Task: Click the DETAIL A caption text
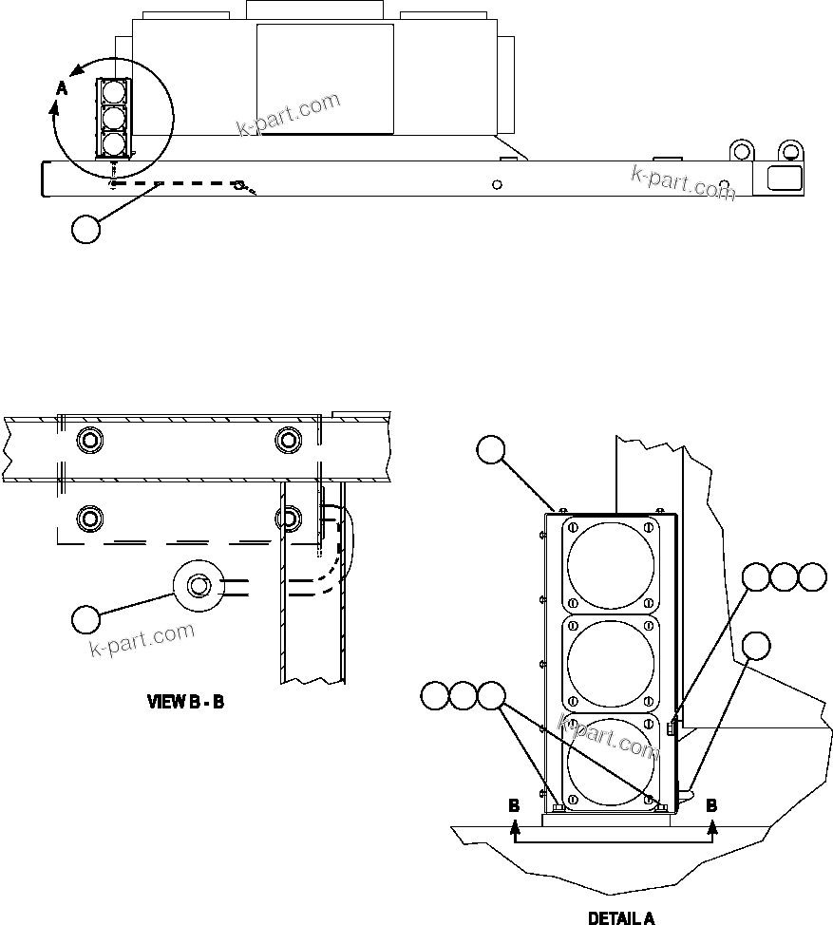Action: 621,917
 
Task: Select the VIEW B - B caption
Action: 184,703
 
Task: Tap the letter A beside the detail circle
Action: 62,87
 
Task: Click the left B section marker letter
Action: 514,804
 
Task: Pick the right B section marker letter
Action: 711,804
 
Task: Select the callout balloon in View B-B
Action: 85,618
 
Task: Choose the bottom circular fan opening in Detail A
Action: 610,760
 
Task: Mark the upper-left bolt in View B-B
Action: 90,440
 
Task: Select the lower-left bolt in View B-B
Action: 90,519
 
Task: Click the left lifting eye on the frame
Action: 742,151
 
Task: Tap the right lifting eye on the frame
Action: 788,151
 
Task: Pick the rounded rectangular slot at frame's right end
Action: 782,178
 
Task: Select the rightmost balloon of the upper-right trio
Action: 812,577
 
